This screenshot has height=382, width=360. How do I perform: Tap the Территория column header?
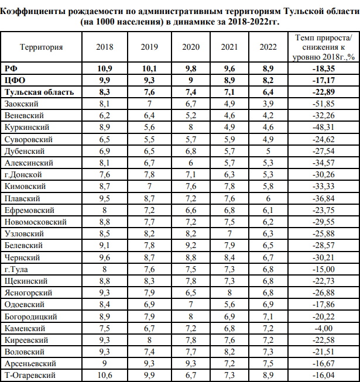point(41,47)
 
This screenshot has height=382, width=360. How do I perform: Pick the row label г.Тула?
point(16,270)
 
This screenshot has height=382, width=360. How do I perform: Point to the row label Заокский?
point(22,104)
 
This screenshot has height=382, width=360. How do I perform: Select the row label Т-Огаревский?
point(29,375)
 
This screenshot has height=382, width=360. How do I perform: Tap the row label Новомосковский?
point(35,222)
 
